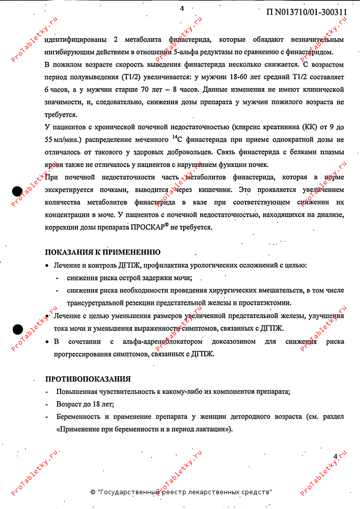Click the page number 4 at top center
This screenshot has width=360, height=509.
[x=181, y=8]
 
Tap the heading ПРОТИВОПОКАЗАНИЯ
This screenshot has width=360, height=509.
[x=88, y=379]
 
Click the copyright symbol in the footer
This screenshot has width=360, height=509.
[x=93, y=492]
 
